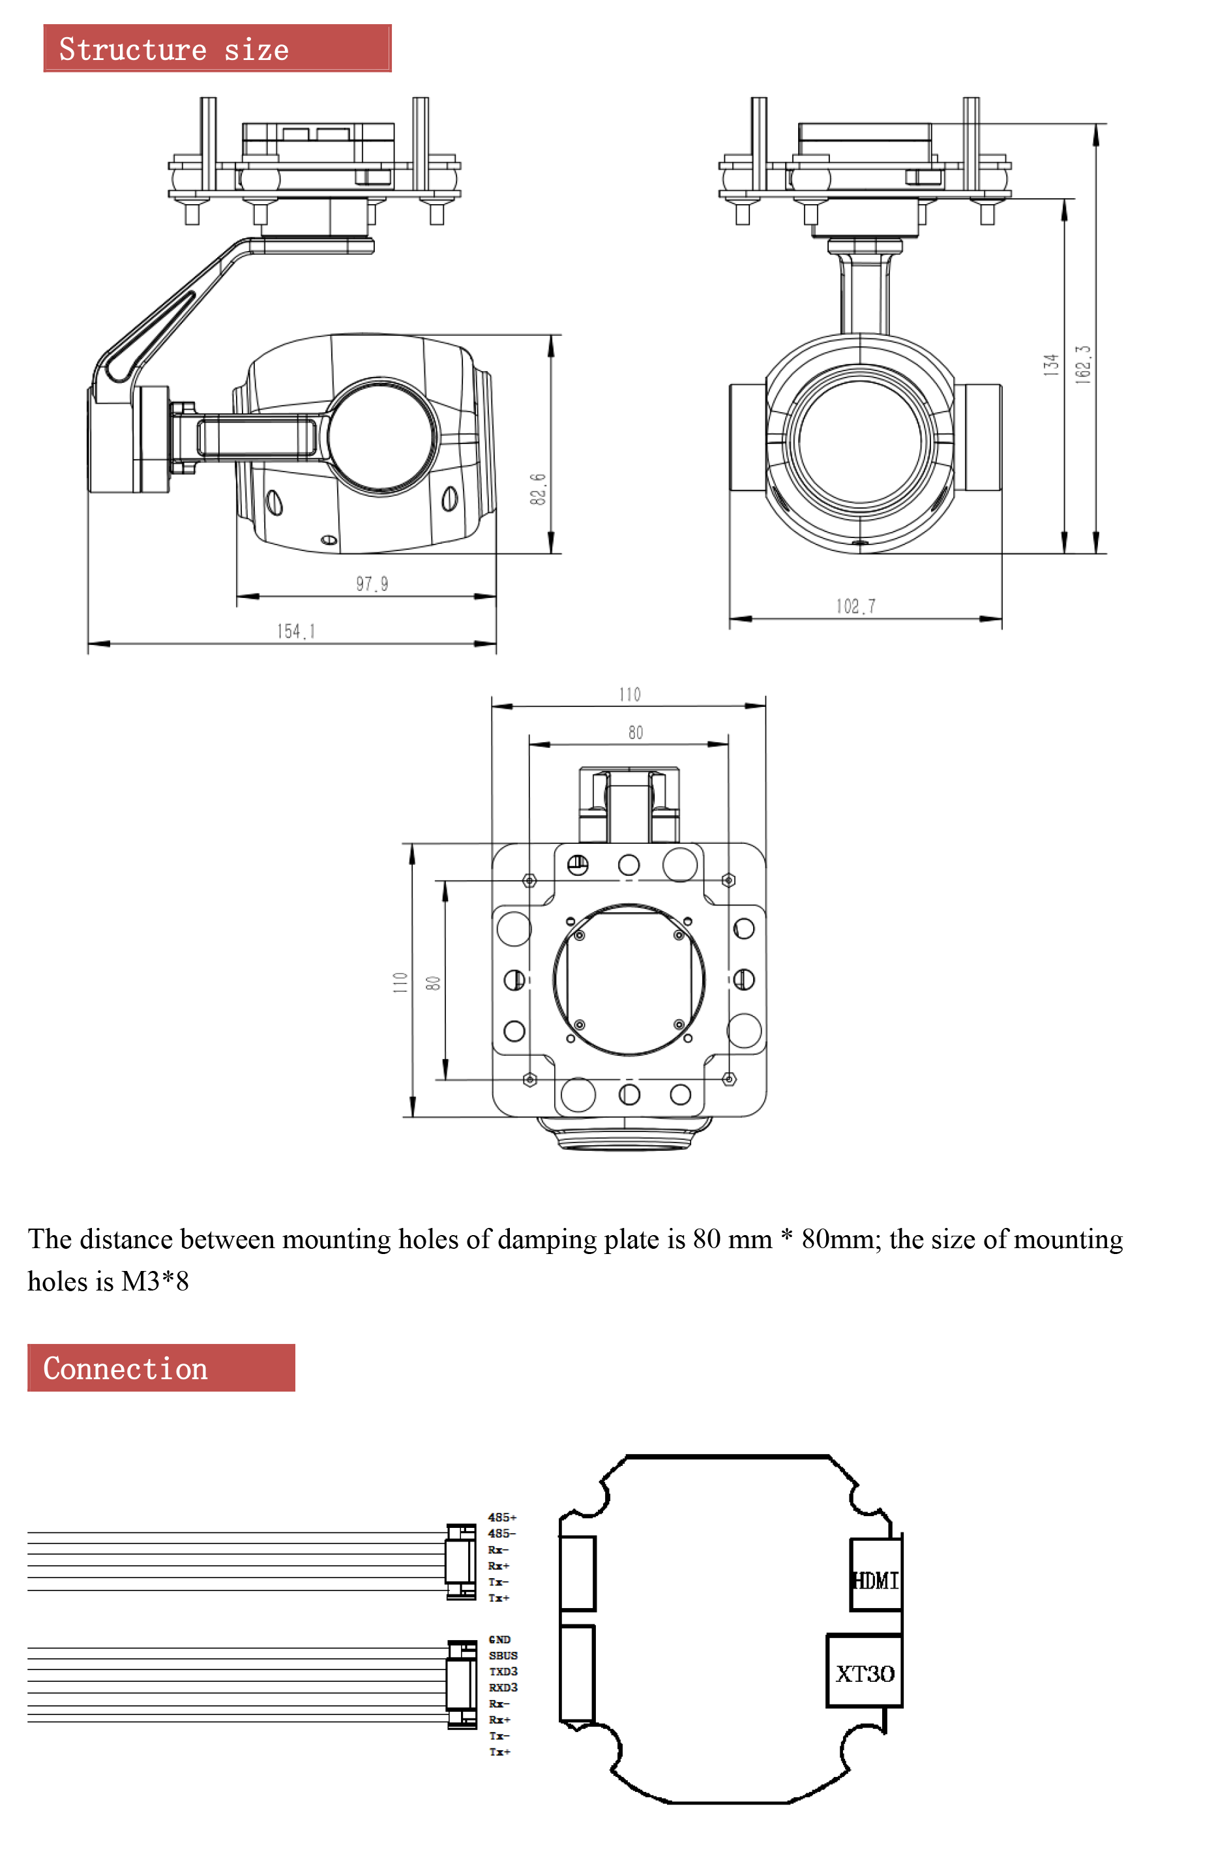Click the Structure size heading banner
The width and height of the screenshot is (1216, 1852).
pyautogui.click(x=217, y=48)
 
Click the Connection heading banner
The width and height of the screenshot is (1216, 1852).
pyautogui.click(x=161, y=1367)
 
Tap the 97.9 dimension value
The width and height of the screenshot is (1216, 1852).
pyautogui.click(x=372, y=584)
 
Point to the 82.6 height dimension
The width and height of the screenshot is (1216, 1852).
pyautogui.click(x=538, y=488)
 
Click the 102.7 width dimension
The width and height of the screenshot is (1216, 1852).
pyautogui.click(x=856, y=606)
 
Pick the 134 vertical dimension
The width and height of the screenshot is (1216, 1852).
pyautogui.click(x=1051, y=365)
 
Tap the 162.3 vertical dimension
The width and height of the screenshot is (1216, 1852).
pyautogui.click(x=1083, y=363)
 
